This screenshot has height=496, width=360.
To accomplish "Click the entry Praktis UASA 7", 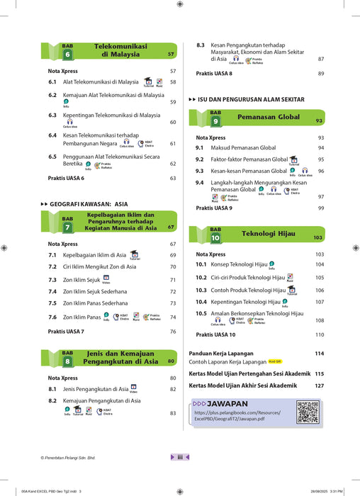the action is [x=66, y=332].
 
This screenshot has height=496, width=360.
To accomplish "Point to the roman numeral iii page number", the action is [x=180, y=457].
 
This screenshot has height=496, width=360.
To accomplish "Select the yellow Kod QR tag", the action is [x=275, y=361].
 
